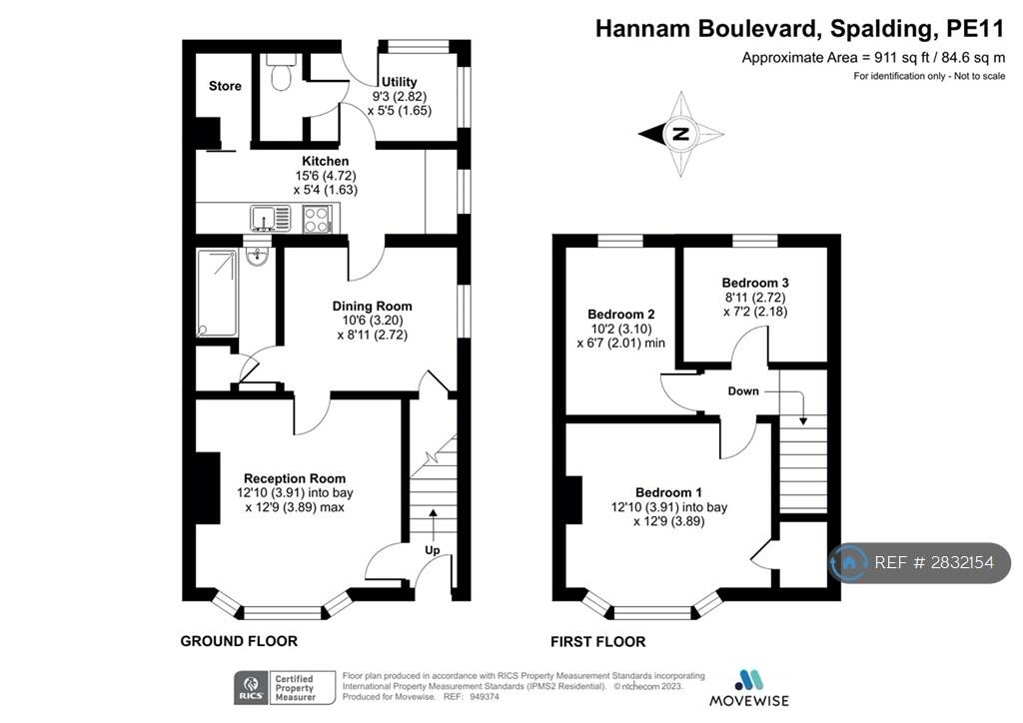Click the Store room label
(x=225, y=86)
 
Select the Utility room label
(x=400, y=82)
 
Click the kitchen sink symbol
(x=270, y=219)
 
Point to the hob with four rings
(x=317, y=219)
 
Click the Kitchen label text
(x=325, y=161)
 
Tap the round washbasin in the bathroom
(x=259, y=256)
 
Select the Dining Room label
(x=372, y=307)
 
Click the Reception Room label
(x=295, y=478)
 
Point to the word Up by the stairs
(x=433, y=550)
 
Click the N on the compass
(x=680, y=134)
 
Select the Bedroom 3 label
(x=755, y=283)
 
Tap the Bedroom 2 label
(x=621, y=315)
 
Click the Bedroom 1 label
(x=668, y=493)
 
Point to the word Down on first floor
(x=743, y=391)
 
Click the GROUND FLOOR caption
(x=239, y=641)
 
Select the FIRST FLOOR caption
(x=598, y=642)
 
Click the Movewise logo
(x=749, y=688)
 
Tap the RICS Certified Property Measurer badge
(x=285, y=688)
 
